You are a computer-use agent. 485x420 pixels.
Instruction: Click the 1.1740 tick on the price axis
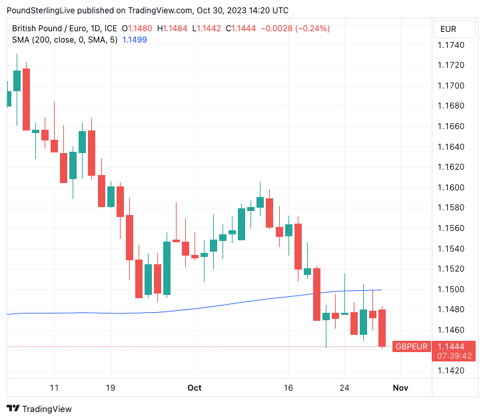tap(451, 45)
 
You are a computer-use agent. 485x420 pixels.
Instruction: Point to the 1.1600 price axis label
tap(451, 187)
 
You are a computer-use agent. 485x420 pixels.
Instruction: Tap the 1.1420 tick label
tap(451, 371)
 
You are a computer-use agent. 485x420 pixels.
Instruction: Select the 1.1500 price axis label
tap(451, 290)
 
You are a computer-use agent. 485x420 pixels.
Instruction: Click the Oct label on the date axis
tap(195, 387)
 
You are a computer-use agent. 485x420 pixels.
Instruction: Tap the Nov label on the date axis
tap(400, 387)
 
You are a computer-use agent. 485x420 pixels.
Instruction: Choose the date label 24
tap(344, 387)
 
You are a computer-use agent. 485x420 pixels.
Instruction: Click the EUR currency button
tap(448, 29)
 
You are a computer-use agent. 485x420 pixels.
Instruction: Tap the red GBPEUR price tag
tap(411, 347)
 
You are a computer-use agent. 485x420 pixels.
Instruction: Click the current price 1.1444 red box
tap(454, 346)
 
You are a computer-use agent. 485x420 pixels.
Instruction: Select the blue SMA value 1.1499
tap(135, 40)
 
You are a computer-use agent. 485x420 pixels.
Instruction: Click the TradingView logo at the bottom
tap(39, 409)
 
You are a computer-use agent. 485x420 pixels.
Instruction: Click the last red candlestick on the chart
tap(382, 327)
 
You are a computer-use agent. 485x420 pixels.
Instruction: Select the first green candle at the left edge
tap(9, 99)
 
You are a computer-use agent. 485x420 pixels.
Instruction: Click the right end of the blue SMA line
tap(381, 290)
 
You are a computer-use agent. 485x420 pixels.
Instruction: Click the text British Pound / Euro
tap(48, 29)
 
